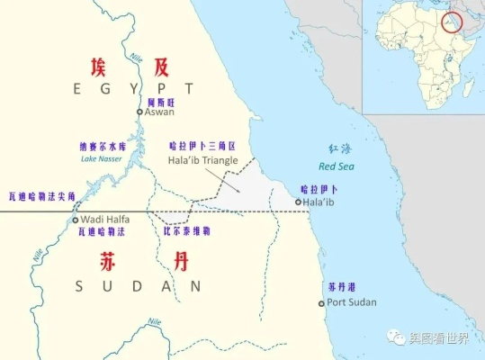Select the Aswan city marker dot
(140, 112)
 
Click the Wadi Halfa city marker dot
(76, 220)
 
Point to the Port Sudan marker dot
(321, 303)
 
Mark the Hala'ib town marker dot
(298, 202)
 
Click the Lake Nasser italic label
(100, 159)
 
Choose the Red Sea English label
(341, 166)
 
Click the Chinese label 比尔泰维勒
(187, 231)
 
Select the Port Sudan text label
(352, 302)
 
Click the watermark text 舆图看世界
(440, 337)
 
